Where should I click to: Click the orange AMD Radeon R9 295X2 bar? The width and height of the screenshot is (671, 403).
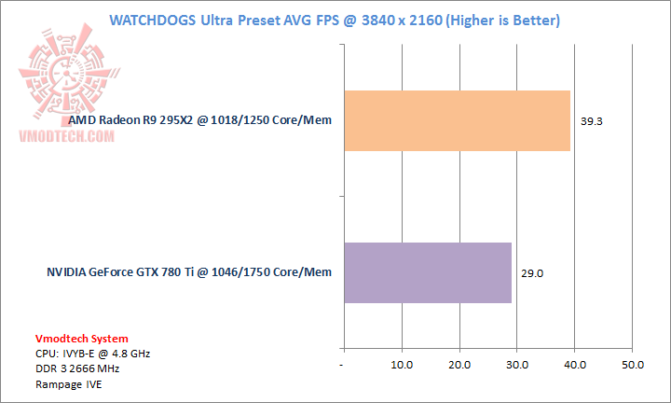coord(457,120)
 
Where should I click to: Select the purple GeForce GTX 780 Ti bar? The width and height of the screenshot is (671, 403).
coord(428,272)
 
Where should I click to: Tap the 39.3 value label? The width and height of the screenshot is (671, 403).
coord(591,121)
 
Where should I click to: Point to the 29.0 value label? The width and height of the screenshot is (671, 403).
coord(532,273)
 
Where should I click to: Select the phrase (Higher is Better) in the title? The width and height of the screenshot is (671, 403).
coord(498,20)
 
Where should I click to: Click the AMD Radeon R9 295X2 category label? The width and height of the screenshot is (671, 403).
coord(199,120)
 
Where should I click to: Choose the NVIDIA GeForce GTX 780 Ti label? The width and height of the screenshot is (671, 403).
coord(189,272)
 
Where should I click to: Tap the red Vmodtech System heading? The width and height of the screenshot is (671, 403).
coord(82,339)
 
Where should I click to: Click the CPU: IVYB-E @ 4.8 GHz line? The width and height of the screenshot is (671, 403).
coord(92,354)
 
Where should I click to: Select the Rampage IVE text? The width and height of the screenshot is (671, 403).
coord(70,383)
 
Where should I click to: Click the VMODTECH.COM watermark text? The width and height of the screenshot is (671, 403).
coord(67,136)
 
